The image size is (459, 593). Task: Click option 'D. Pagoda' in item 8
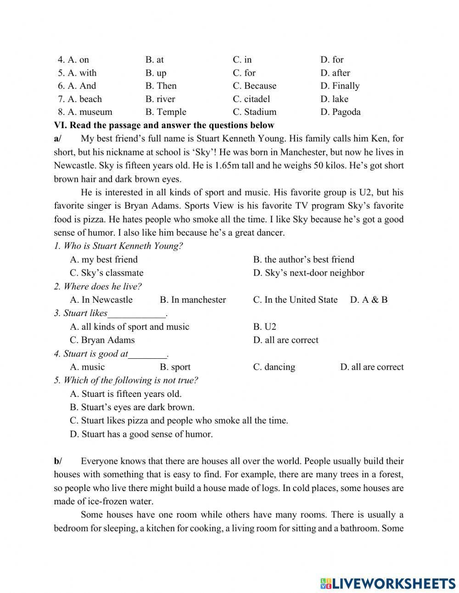(340, 112)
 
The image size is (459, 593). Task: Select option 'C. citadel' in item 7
(251, 99)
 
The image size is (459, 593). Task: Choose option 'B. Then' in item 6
(161, 86)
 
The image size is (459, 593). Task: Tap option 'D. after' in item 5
(335, 73)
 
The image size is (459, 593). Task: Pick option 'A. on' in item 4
(73, 60)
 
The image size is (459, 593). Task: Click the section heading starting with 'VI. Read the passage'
(164, 125)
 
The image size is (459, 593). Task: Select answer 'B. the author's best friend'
(303, 260)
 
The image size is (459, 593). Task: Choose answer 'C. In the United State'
(295, 300)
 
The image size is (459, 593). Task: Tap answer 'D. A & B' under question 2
(369, 300)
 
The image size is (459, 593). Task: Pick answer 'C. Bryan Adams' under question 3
(102, 340)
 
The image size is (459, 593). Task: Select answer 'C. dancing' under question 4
(274, 367)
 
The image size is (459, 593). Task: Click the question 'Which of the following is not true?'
(126, 380)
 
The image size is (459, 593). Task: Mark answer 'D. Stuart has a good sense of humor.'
(141, 434)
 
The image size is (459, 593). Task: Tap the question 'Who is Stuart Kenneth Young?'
(118, 246)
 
